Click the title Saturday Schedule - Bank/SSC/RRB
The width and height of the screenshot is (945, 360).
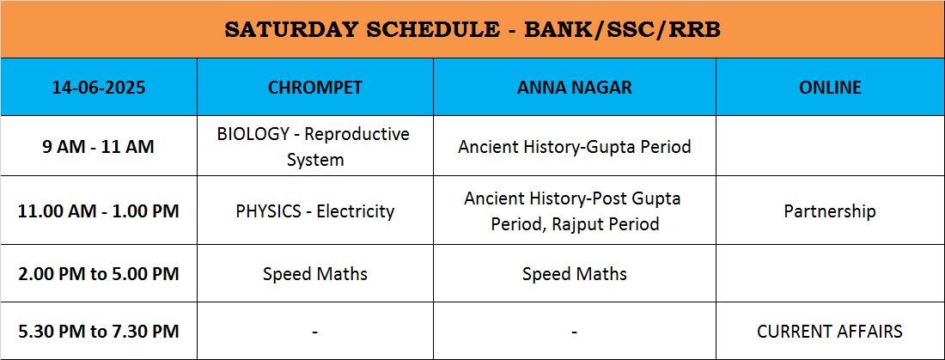[x=472, y=30]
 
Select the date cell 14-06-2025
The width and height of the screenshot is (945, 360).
[x=99, y=88]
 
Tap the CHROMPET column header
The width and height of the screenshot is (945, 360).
[x=315, y=88]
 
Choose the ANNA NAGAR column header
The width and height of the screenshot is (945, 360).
[x=575, y=88]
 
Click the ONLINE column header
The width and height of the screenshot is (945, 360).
[x=830, y=88]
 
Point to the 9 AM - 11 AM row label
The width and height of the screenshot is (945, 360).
[x=98, y=147]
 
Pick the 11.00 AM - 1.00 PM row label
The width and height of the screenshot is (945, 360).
[x=99, y=211]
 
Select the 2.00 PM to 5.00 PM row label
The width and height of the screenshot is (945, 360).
[x=99, y=274]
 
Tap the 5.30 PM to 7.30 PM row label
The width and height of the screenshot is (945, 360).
[x=99, y=332]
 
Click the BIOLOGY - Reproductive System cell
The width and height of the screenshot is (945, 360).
[x=314, y=147]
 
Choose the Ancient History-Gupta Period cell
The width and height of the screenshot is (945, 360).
[x=575, y=147]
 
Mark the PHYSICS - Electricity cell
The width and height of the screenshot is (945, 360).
[x=315, y=211]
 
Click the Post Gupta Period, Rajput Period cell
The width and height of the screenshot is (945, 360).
[x=575, y=211]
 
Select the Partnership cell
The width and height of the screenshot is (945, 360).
[x=830, y=211]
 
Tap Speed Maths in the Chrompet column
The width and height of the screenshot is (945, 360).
[x=315, y=274]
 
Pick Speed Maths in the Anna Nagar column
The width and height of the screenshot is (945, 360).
[x=575, y=274]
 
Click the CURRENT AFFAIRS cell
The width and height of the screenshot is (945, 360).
[x=830, y=332]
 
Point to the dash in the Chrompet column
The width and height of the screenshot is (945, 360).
[x=315, y=333]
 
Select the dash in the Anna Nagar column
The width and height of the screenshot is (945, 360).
[x=575, y=333]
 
